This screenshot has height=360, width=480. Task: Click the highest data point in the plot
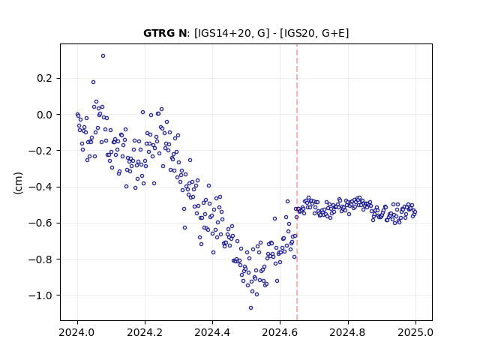click(x=103, y=56)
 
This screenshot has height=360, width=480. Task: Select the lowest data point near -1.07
click(x=250, y=308)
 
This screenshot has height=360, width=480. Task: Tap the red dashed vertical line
click(x=297, y=182)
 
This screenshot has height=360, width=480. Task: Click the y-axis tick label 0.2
click(x=45, y=78)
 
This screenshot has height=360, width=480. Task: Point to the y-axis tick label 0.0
click(x=45, y=115)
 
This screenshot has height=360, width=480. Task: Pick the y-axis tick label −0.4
click(x=40, y=187)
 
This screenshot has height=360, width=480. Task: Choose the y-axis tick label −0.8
click(x=40, y=259)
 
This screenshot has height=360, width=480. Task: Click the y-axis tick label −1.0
click(x=40, y=295)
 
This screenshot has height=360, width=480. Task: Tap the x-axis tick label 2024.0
click(x=77, y=332)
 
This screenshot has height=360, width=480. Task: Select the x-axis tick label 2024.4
click(x=212, y=332)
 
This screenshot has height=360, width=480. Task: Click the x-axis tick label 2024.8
click(x=348, y=332)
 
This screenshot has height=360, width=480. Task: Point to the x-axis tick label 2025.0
click(x=415, y=332)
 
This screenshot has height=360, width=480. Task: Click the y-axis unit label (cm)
click(x=18, y=183)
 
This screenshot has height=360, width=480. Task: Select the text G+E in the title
click(x=334, y=33)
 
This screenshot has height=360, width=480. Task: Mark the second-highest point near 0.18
click(x=93, y=82)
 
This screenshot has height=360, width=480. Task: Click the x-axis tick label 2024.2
click(x=145, y=332)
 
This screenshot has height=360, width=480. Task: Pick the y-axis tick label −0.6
click(x=40, y=223)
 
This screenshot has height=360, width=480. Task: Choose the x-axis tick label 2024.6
click(x=280, y=332)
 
